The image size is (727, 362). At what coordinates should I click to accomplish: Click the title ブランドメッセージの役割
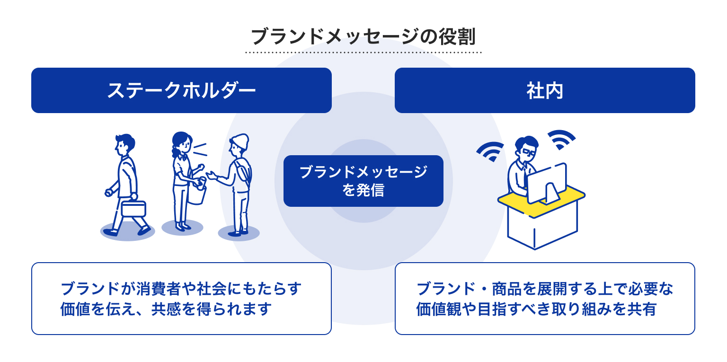pyautogui.click(x=363, y=36)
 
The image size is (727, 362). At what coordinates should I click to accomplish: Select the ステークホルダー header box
pyautogui.click(x=181, y=90)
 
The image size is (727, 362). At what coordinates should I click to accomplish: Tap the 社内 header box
pyautogui.click(x=545, y=90)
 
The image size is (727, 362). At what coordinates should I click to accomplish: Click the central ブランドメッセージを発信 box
pyautogui.click(x=363, y=181)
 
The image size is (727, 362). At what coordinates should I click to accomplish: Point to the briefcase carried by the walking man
pyautogui.click(x=133, y=208)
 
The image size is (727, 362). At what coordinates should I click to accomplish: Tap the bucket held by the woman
pyautogui.click(x=197, y=195)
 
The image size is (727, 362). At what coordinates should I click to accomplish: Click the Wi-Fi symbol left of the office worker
pyautogui.click(x=490, y=151)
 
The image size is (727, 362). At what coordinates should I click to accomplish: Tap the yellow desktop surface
pyautogui.click(x=541, y=201)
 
